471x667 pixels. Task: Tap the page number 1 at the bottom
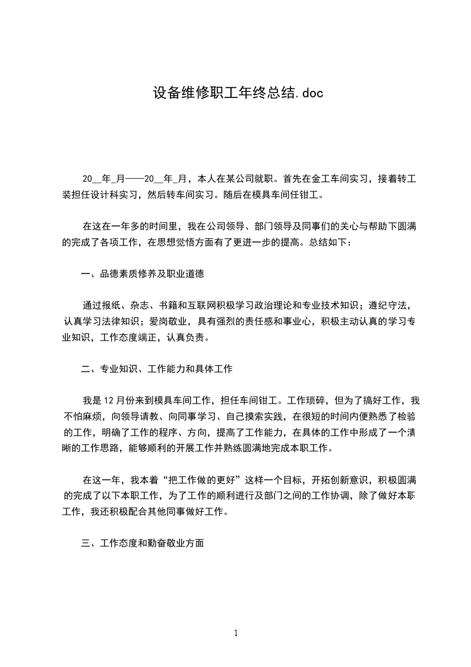tap(236, 633)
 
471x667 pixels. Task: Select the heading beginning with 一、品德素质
tap(143, 274)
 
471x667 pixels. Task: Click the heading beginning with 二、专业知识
tap(157, 369)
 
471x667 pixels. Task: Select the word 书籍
tap(168, 306)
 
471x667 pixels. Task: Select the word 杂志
tap(140, 306)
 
